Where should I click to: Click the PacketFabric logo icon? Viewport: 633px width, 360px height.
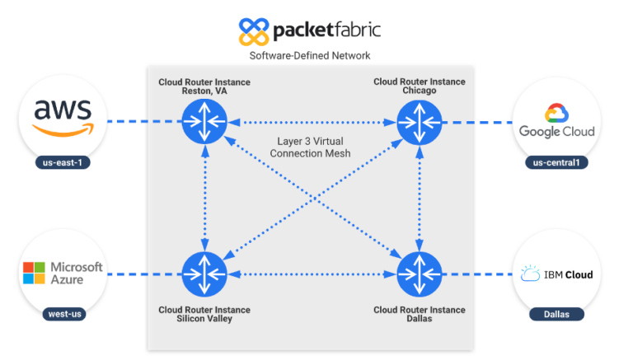(253, 31)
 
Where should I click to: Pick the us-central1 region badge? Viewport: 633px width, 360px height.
(557, 162)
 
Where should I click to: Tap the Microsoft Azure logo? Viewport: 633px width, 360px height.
(63, 273)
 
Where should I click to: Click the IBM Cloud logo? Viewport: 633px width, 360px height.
(556, 274)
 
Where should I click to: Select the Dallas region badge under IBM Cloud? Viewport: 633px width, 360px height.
(557, 314)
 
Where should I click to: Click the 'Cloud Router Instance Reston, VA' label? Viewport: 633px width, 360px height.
(204, 86)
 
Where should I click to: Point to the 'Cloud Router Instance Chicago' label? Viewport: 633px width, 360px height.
(419, 86)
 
